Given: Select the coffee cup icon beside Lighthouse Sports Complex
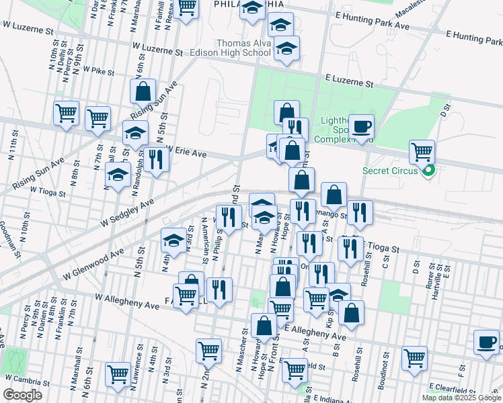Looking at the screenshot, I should (x=362, y=126).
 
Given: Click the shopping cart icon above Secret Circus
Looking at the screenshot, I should (x=422, y=152).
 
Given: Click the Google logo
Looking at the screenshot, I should (x=22, y=395).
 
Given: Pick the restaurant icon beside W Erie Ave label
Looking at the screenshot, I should (x=155, y=160).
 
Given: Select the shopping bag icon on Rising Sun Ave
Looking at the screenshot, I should (x=143, y=91).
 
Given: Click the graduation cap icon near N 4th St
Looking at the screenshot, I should (x=173, y=240).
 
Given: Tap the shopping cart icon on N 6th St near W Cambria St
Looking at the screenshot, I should (x=118, y=373).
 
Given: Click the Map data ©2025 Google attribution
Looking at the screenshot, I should (x=461, y=397).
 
